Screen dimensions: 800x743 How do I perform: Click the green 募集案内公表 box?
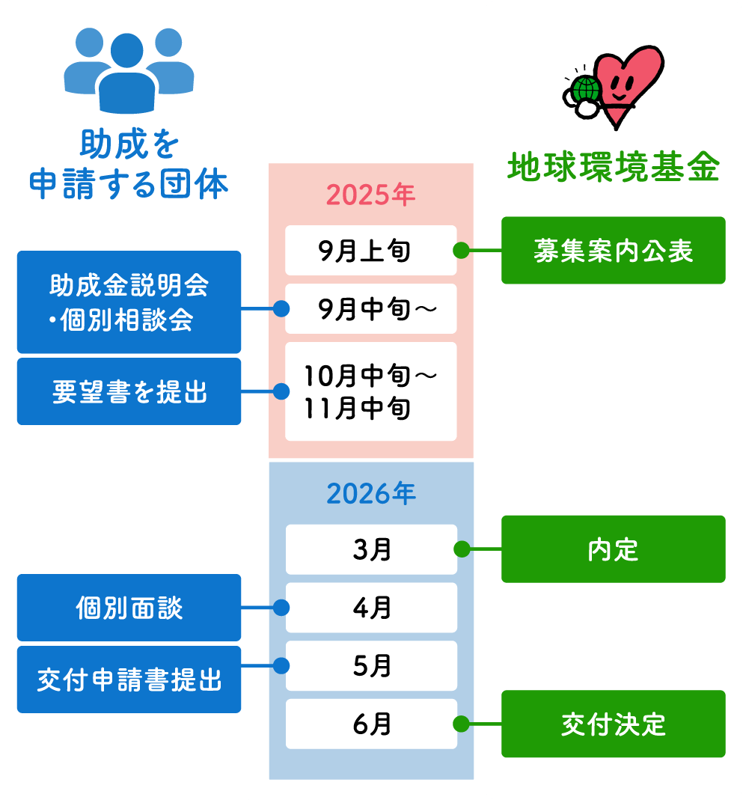613,251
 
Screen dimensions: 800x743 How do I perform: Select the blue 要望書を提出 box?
129,391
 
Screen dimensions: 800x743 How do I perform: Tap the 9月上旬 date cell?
370,250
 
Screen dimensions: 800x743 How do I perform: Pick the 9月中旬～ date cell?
370,308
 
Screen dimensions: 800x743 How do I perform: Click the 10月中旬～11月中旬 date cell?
370,391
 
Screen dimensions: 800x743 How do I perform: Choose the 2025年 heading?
370,195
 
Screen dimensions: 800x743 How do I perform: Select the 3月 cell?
370,549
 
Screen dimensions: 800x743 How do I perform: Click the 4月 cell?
370,607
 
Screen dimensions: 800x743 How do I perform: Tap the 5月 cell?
370,665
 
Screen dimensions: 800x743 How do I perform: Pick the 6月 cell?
370,724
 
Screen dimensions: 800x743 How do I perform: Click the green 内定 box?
613,549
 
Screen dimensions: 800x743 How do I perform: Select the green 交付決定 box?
613,724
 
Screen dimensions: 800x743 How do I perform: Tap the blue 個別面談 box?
129,607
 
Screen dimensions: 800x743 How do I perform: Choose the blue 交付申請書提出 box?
129,680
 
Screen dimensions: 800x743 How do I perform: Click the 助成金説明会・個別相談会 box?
129,302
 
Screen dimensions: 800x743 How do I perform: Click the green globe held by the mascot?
586,90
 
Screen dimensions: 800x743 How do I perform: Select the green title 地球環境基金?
613,168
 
